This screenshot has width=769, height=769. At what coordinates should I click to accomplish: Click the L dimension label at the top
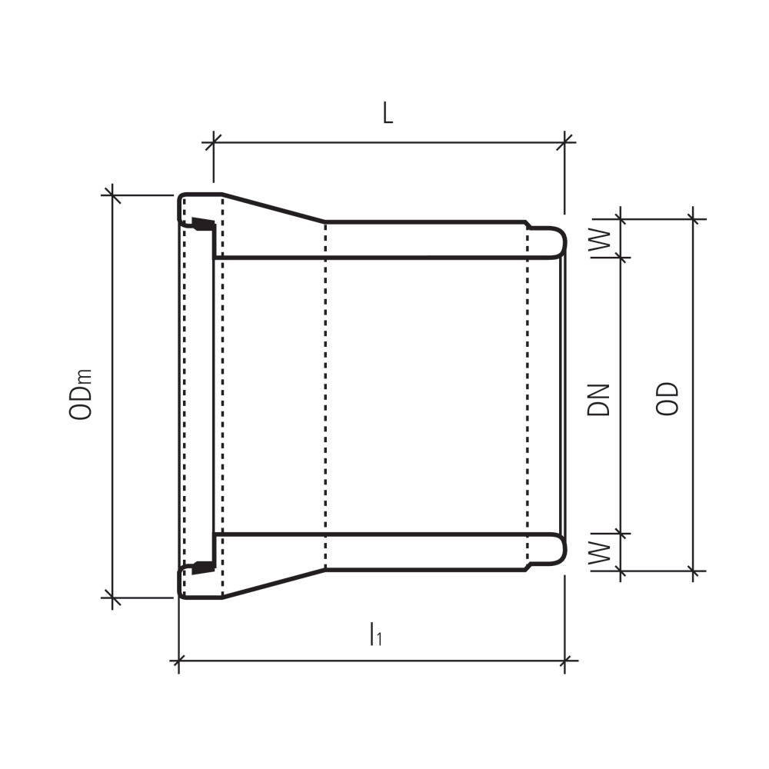[388, 114]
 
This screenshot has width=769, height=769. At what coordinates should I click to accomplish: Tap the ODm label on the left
[81, 394]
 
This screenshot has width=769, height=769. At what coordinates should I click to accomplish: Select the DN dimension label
[598, 400]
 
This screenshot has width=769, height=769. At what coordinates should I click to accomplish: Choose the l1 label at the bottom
[376, 634]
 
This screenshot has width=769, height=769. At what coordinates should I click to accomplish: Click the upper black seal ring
[202, 224]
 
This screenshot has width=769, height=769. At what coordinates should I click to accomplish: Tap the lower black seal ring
[202, 568]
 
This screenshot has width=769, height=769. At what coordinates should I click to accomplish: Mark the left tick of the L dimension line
[213, 143]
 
